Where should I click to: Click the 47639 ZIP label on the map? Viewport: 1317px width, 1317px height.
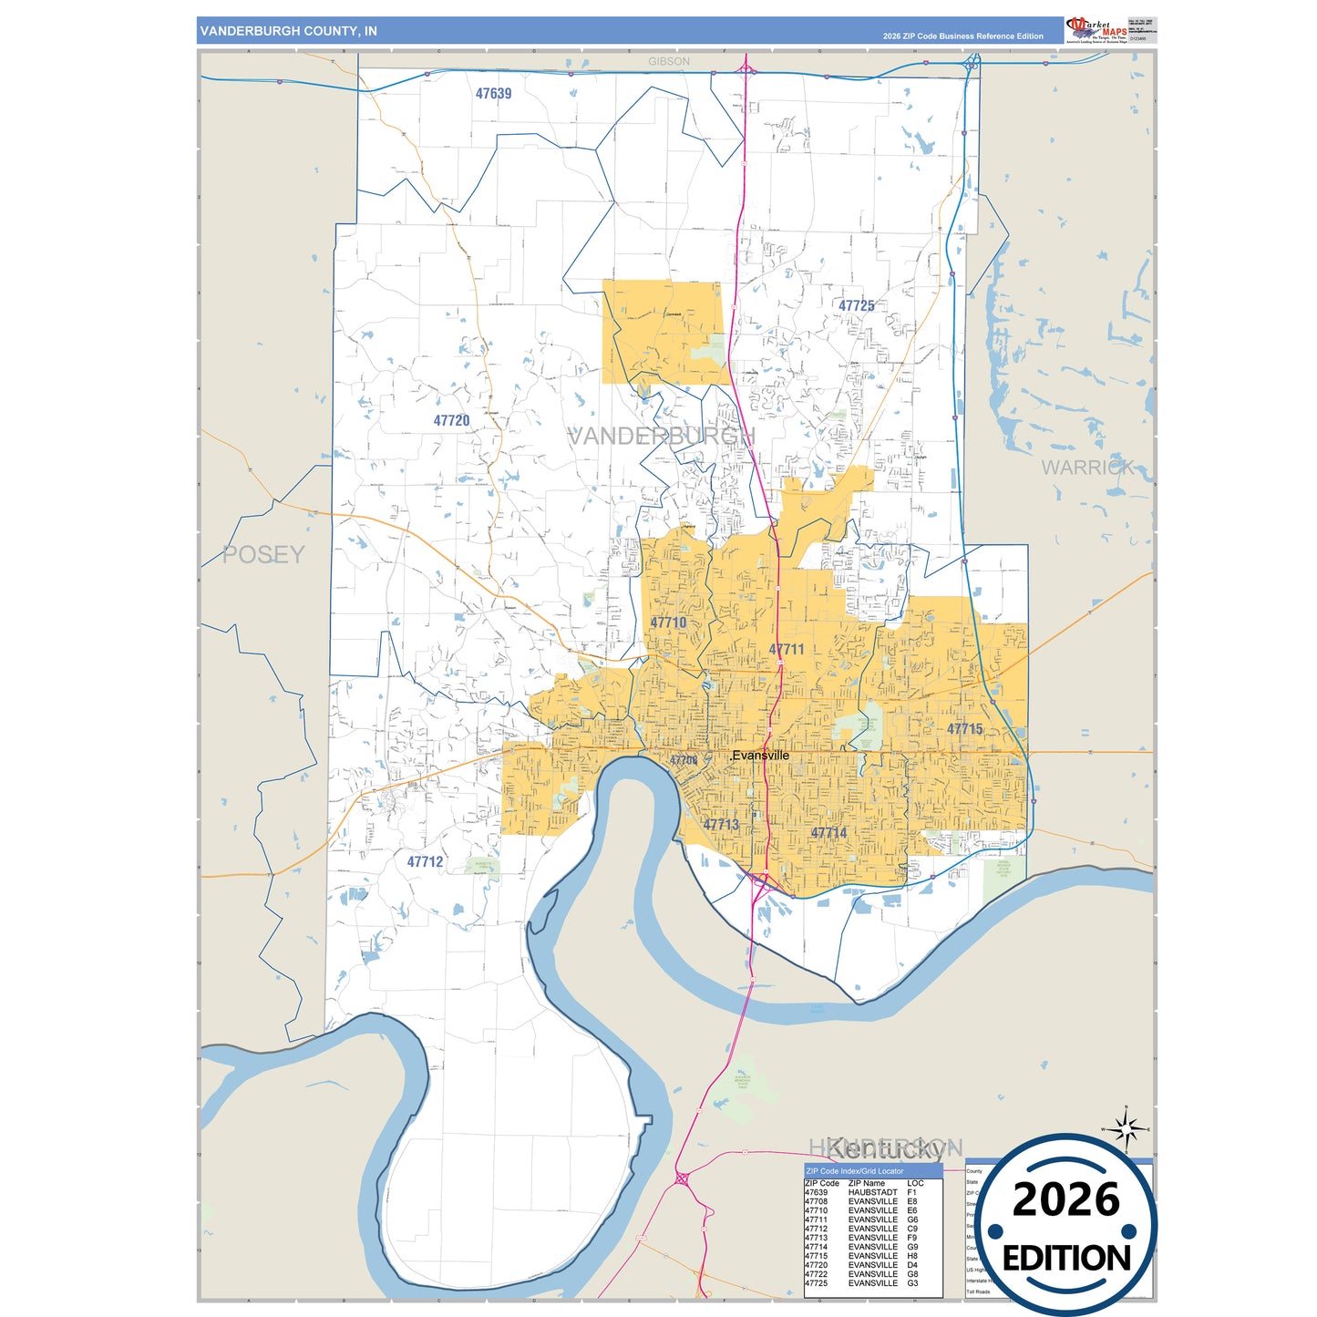tap(493, 94)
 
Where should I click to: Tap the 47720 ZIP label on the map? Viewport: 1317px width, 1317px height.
tap(451, 421)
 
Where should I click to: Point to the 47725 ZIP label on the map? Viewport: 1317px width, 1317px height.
tap(856, 306)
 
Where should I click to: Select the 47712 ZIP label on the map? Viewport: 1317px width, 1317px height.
tap(425, 862)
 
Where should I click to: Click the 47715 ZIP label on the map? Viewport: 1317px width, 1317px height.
tap(964, 729)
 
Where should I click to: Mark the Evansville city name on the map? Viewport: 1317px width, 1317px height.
tap(761, 756)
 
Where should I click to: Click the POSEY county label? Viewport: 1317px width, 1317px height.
tap(263, 554)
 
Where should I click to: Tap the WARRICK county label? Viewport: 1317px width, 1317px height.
tap(1087, 468)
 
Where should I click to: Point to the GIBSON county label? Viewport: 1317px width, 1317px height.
tap(669, 62)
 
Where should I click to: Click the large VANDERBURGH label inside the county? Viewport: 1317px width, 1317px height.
tap(661, 437)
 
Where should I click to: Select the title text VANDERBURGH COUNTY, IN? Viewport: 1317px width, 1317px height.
tap(288, 31)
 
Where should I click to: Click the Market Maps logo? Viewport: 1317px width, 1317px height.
tap(1096, 29)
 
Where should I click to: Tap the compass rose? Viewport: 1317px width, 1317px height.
tap(1127, 1129)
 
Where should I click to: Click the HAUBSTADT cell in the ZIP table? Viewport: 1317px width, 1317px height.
tap(872, 1192)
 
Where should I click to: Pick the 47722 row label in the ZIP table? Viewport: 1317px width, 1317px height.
tap(816, 1274)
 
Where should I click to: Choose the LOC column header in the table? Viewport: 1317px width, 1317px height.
tap(915, 1183)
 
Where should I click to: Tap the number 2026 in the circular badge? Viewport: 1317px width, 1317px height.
tap(1065, 1200)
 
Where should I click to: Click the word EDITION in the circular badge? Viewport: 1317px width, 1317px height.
tap(1065, 1259)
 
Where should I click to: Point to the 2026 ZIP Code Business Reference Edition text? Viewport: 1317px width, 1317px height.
tap(962, 36)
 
